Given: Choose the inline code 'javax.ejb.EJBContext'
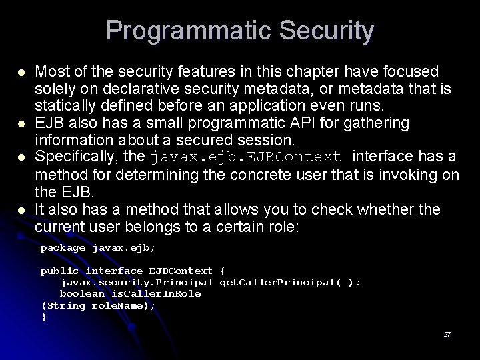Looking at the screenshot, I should click(x=247, y=158).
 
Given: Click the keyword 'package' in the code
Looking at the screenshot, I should click(x=63, y=248).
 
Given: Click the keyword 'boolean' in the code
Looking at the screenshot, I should click(x=83, y=293).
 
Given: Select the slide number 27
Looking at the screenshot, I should click(x=447, y=334).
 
